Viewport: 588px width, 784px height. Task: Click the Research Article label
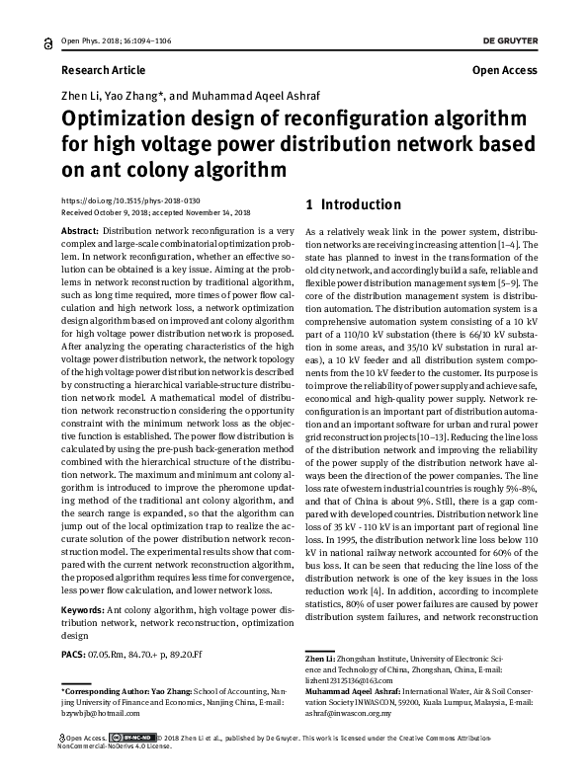click(103, 70)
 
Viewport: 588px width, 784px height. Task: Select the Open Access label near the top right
click(504, 70)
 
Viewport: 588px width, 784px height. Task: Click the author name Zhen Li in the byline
click(81, 97)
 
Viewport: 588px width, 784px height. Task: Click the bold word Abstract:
click(80, 229)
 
